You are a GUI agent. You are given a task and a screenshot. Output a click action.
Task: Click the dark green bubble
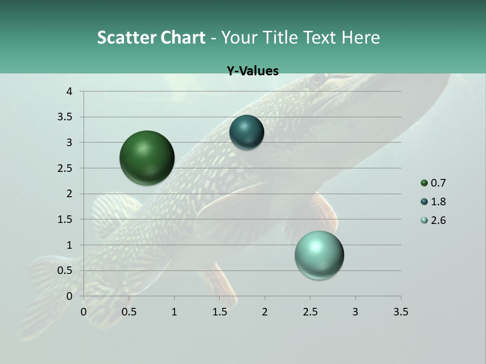coord(147,158)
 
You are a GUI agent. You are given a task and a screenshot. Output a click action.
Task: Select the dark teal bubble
coord(247,132)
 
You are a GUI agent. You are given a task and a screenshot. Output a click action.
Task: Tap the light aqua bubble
coord(319,255)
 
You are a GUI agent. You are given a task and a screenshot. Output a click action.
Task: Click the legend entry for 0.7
coord(433,183)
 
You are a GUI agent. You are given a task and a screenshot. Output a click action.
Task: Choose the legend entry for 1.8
coord(433,202)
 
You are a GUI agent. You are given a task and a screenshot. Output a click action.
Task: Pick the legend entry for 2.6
coord(433,220)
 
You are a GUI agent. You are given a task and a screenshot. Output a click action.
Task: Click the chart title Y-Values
coord(253,71)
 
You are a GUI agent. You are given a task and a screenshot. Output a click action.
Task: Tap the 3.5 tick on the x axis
coord(400,312)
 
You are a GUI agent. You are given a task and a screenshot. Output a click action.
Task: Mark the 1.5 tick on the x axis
coord(219,312)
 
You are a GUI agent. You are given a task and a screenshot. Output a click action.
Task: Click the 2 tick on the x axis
coord(265,312)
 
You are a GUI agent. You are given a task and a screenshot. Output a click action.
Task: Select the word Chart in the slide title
coord(183,37)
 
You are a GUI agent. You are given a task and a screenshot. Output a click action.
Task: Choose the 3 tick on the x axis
coord(355,312)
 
